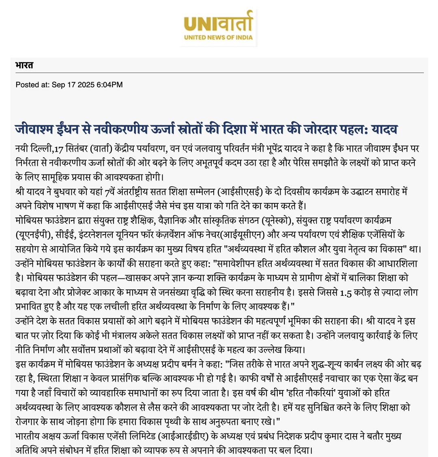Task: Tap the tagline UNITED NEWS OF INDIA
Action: tap(219, 38)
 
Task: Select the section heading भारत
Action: tap(24, 65)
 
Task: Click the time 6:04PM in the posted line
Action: tap(109, 85)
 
